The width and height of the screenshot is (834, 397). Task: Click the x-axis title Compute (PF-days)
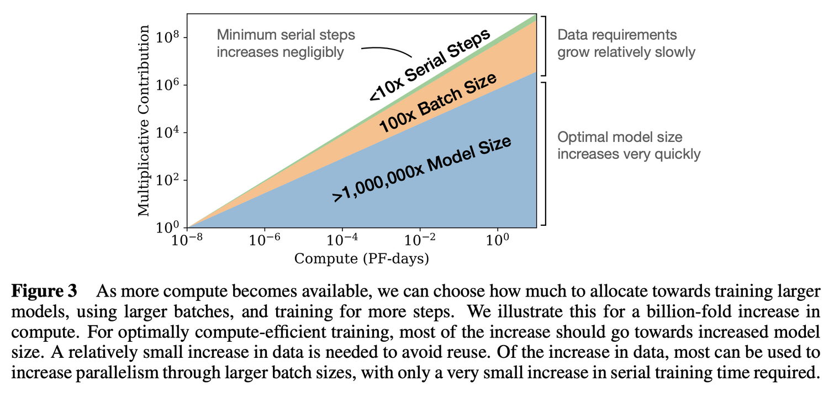(x=361, y=258)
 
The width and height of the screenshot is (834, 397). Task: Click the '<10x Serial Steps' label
(x=430, y=65)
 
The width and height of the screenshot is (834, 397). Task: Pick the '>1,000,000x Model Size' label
(x=421, y=170)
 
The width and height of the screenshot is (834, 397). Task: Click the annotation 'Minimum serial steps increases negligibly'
(x=286, y=44)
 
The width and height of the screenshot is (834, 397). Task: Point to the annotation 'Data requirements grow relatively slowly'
(x=626, y=44)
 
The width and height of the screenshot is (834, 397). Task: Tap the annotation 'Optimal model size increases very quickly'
(x=629, y=145)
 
